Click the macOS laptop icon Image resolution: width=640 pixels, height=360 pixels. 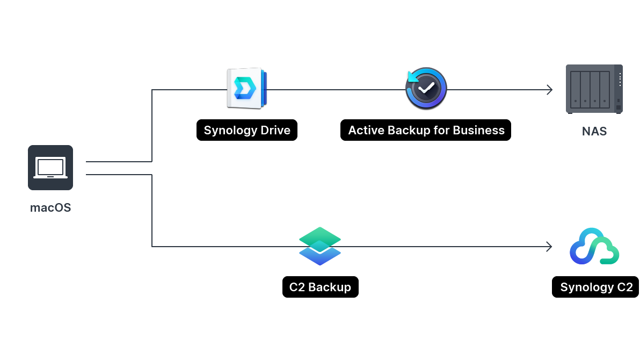pos(50,167)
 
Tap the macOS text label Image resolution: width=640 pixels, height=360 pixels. pos(50,207)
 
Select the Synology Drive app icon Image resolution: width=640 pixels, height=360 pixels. pos(246,89)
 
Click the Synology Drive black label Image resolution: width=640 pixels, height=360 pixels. pos(246,130)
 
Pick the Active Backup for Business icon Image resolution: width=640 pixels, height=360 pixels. pos(426,89)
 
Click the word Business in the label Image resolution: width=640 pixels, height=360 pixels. pos(478,130)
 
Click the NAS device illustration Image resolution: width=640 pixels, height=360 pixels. pos(594,89)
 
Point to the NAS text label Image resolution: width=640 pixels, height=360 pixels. pos(594,131)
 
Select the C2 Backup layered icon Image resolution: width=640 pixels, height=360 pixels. pos(320,246)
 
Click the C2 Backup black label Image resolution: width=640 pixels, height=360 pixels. pos(320,287)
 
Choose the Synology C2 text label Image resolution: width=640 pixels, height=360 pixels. pos(596,287)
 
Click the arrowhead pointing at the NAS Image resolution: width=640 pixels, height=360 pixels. pos(549,90)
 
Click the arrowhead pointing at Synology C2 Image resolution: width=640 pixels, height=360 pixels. pos(549,247)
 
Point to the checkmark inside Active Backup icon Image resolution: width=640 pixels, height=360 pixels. pos(427,88)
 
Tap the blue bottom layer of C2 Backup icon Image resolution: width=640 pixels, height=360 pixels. pos(320,256)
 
